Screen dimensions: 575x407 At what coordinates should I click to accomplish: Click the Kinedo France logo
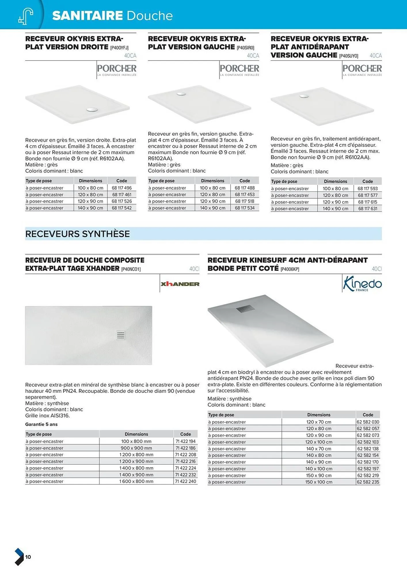362,283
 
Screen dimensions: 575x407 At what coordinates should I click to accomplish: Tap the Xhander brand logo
180,284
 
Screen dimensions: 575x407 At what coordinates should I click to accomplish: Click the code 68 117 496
121,188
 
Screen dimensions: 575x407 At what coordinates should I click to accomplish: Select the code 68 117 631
368,208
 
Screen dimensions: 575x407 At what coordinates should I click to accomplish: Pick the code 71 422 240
186,481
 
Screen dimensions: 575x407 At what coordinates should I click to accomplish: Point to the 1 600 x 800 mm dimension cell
136,481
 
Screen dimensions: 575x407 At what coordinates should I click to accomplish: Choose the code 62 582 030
368,422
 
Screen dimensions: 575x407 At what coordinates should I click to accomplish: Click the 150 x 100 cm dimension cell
319,482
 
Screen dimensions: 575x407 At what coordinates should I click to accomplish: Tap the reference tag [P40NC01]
131,269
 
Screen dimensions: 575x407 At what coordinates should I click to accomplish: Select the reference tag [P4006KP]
290,269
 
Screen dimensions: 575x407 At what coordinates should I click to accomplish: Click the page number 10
28,557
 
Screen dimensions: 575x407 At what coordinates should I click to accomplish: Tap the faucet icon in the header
26,16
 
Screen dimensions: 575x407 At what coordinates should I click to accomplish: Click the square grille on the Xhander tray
121,335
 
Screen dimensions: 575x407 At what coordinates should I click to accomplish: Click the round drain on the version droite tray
92,110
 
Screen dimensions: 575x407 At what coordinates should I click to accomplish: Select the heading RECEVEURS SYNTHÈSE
77,234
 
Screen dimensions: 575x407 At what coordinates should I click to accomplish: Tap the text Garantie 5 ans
41,424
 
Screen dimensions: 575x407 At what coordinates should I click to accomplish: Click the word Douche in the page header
149,16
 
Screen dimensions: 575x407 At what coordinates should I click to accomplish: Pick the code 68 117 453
244,194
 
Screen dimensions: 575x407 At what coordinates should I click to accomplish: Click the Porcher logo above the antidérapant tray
362,70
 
